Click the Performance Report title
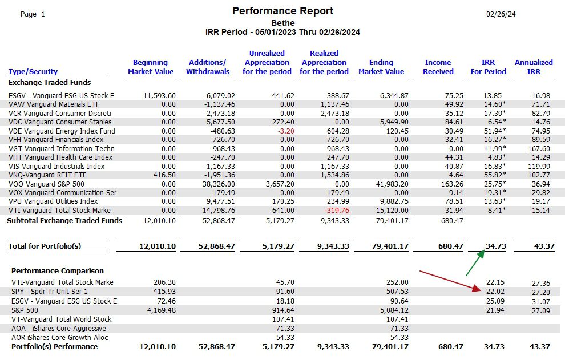pos(283,11)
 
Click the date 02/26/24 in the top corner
pos(501,14)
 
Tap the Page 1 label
pos(33,14)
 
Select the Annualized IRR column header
pos(534,67)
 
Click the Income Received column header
pos(438,67)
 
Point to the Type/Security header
pos(33,71)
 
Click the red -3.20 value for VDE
pos(286,131)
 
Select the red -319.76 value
pos(337,210)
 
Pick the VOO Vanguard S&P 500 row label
pos(46,184)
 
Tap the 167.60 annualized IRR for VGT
pos(539,148)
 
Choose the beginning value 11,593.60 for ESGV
pos(159,95)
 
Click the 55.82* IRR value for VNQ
pos(495,175)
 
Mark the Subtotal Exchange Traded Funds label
pos(64,221)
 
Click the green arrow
pos(475,263)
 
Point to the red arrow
pos(450,281)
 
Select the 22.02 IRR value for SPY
pos(495,291)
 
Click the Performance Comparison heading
pos(58,270)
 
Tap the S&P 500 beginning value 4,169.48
pos(162,310)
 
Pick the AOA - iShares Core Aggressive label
pos(59,328)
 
